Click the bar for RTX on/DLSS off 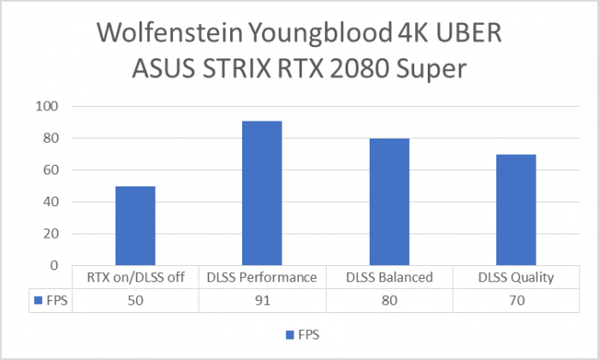coord(135,226)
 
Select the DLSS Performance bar coord(262,193)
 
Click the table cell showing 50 coord(135,300)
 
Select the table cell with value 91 coord(262,300)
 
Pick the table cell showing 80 coord(389,300)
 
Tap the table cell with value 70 coord(516,300)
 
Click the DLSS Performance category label coord(262,277)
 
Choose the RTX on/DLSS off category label coord(135,277)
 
